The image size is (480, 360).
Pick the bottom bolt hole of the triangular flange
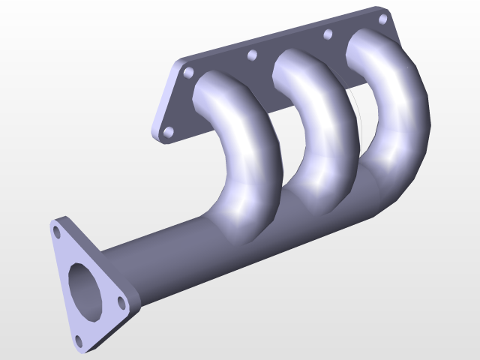click(x=78, y=342)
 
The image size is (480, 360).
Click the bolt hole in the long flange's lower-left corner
click(x=168, y=132)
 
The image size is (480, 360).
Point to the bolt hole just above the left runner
click(x=188, y=73)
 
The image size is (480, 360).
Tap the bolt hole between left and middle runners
click(x=252, y=55)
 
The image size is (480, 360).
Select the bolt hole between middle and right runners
click(x=327, y=34)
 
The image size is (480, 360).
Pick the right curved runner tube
click(x=394, y=105)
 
